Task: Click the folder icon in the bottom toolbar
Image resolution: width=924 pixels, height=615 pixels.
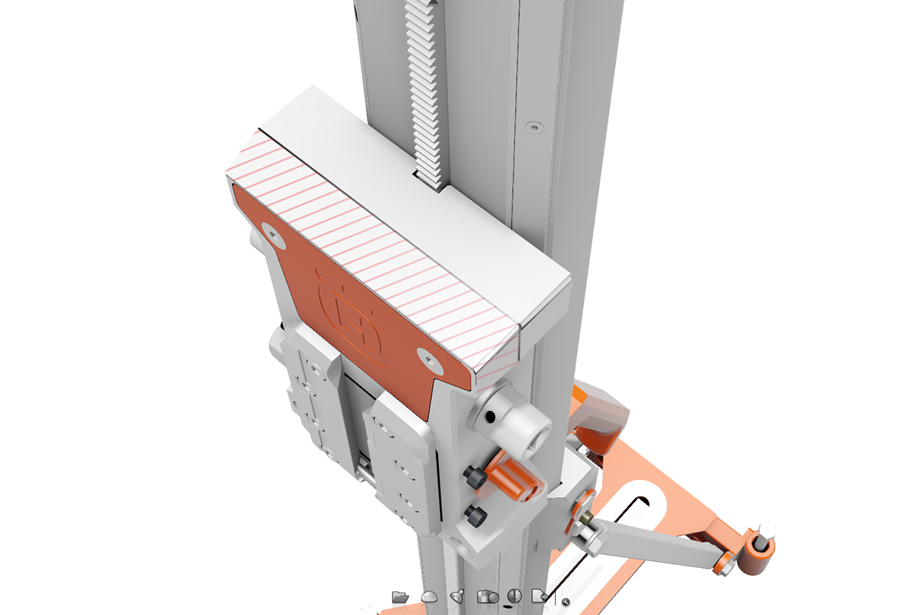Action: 400,597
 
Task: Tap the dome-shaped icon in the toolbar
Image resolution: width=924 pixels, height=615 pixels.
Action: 430,597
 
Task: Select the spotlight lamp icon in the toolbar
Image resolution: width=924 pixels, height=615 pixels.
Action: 457,596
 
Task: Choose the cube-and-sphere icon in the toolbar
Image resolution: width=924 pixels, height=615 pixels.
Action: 486,597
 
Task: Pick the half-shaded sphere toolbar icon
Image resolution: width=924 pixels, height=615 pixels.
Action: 514,596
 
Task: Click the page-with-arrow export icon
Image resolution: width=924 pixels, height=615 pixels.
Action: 540,596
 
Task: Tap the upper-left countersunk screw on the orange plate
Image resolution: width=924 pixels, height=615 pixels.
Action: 272,234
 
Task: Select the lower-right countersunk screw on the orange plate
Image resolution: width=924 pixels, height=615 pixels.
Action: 427,356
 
